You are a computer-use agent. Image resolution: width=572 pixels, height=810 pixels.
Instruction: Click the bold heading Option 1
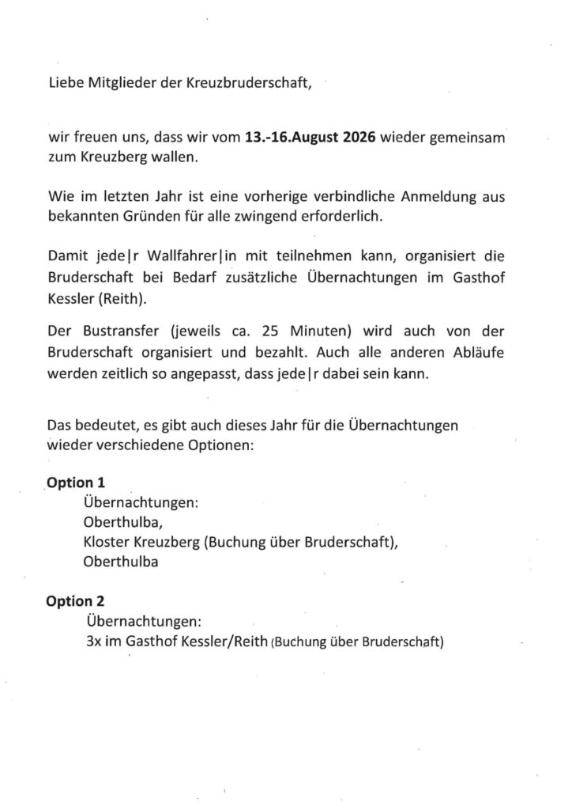(x=76, y=483)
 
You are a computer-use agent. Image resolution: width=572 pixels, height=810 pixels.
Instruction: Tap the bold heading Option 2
(x=76, y=602)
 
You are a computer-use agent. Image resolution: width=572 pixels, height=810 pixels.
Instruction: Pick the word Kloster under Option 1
(x=106, y=544)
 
